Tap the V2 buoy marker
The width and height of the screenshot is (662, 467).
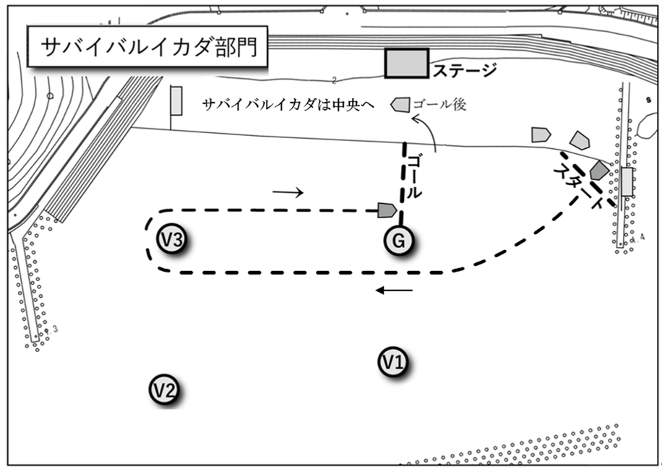pos(164,390)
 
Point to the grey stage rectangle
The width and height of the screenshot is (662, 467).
pos(406,64)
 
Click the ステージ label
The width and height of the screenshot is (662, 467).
pos(465,70)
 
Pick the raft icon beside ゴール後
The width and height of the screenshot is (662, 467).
pos(400,105)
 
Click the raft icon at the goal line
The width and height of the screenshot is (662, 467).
pos(387,210)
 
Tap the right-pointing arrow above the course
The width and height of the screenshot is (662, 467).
pos(288,192)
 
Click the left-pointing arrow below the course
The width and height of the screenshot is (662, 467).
pos(394,291)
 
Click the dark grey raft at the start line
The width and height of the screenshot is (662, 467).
pos(599,171)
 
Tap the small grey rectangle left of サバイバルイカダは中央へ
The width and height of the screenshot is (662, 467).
pos(176,100)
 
